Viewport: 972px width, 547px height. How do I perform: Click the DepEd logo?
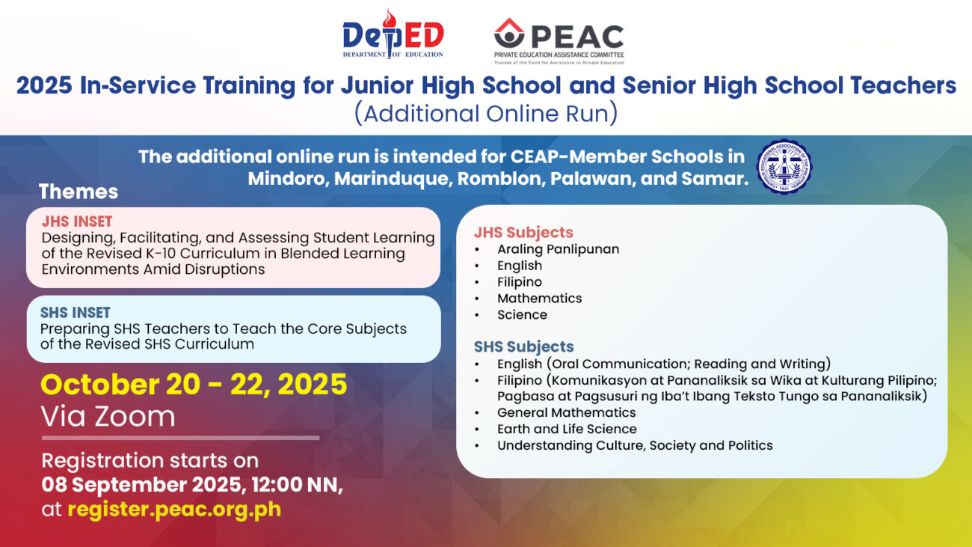(x=393, y=34)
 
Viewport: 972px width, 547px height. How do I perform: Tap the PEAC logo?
(x=559, y=41)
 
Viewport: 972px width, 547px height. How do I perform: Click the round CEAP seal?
(x=784, y=167)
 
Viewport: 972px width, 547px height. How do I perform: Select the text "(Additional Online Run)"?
(x=486, y=113)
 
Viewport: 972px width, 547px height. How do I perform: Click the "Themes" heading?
(x=78, y=192)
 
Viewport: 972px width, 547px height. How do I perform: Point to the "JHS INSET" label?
(x=77, y=221)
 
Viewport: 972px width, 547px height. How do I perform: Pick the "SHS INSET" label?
(x=75, y=313)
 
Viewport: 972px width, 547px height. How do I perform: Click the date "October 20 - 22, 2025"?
(x=194, y=384)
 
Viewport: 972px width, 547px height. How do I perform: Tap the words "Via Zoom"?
(x=108, y=416)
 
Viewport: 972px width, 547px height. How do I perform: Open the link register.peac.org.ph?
(x=174, y=509)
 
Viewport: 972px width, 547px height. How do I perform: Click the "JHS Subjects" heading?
(x=523, y=232)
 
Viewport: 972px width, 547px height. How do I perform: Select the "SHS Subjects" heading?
(x=523, y=346)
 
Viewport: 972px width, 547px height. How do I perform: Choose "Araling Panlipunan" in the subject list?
(x=558, y=249)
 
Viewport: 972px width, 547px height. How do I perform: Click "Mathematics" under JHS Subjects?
(x=539, y=299)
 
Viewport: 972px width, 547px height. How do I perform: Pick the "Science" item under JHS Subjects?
(x=522, y=315)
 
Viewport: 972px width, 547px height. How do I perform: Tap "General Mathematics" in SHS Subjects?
(x=566, y=412)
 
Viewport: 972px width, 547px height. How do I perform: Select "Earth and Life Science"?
(x=567, y=429)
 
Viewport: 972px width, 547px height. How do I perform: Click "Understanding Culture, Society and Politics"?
(x=635, y=445)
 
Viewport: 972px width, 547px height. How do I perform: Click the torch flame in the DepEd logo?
(x=390, y=18)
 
